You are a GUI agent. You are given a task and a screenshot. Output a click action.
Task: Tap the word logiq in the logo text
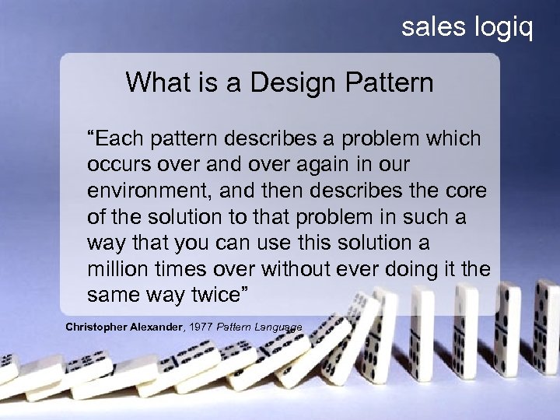502,28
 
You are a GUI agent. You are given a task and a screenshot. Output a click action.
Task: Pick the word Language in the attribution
281,327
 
